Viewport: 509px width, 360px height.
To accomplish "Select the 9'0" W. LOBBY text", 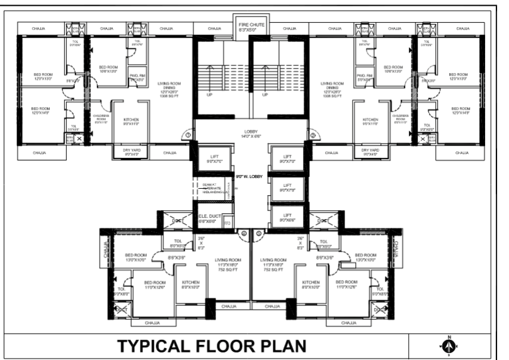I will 248,177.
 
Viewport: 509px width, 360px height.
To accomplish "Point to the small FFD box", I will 227,222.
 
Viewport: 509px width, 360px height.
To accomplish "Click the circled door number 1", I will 187,134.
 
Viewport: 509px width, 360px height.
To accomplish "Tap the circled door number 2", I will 313,134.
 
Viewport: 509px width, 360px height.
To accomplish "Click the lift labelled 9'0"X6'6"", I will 287,218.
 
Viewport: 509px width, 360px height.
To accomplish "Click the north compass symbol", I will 449,346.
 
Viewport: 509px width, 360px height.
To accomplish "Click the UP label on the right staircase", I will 265,95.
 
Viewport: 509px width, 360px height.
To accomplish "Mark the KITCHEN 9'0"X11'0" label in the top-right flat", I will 370,121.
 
